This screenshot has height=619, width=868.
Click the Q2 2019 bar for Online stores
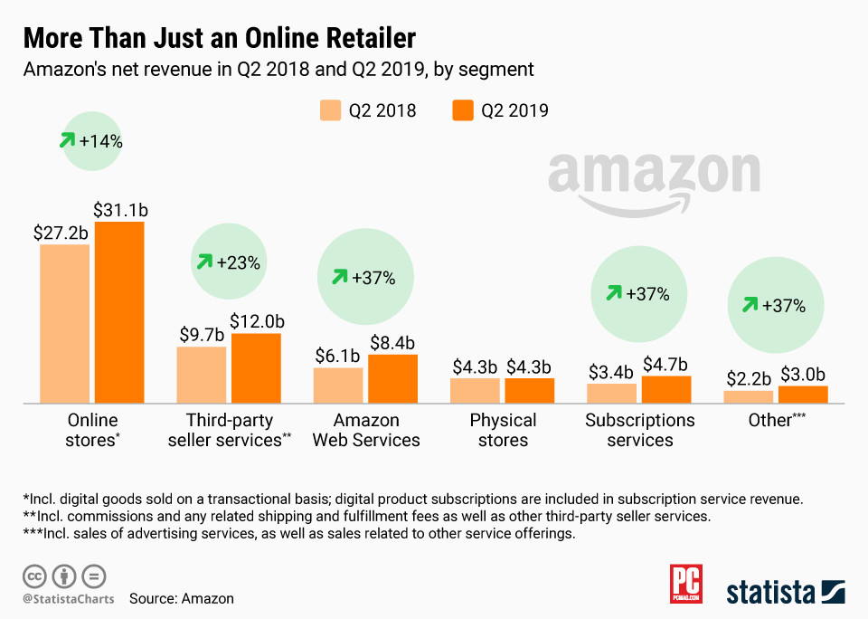click(x=119, y=312)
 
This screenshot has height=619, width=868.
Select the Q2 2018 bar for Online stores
click(x=64, y=323)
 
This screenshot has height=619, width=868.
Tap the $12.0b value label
click(x=257, y=321)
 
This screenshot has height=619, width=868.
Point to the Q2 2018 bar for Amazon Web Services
click(x=338, y=385)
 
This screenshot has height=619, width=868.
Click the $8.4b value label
click(x=392, y=343)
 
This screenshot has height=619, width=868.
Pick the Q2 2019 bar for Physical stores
click(x=530, y=390)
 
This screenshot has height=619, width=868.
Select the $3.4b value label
click(x=611, y=372)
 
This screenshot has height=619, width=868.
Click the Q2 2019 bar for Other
click(x=804, y=394)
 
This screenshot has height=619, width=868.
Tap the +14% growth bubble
click(x=92, y=141)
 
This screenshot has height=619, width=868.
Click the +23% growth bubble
click(x=229, y=263)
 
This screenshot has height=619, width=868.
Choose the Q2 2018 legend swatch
click(x=330, y=111)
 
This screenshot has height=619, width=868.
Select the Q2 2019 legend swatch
click(x=462, y=111)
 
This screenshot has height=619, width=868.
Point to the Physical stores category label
click(x=503, y=430)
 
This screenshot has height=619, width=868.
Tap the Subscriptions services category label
click(x=640, y=430)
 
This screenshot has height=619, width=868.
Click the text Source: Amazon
click(x=181, y=598)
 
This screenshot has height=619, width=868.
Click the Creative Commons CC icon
click(x=35, y=576)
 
